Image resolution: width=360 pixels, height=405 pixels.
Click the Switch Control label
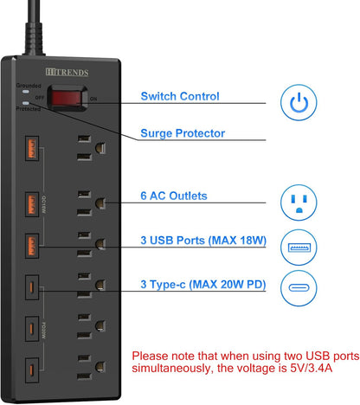tap(180, 97)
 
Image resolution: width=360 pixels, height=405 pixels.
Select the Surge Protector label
tap(183, 133)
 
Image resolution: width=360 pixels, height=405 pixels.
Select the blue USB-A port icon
tap(299, 249)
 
